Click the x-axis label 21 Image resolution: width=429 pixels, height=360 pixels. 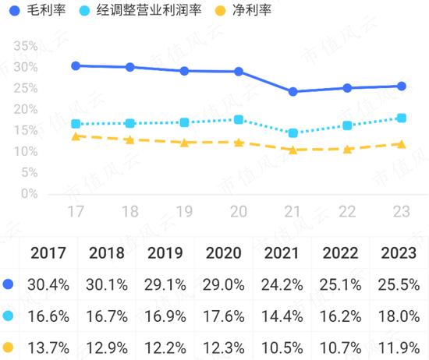coord(292,212)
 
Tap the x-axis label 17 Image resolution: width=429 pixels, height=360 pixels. coord(76,212)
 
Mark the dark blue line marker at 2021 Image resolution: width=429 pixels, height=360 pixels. coord(292,91)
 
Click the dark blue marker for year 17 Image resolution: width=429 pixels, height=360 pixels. coord(76,65)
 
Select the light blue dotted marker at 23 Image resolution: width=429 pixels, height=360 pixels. coord(402,118)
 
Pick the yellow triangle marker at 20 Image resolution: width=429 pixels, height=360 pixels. coord(239,142)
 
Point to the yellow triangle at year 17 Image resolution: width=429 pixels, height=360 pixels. coord(76,136)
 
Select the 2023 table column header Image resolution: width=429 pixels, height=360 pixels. coord(398,253)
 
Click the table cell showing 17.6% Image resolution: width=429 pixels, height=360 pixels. coord(225,316)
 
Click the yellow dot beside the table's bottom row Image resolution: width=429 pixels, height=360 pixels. coord(9,347)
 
